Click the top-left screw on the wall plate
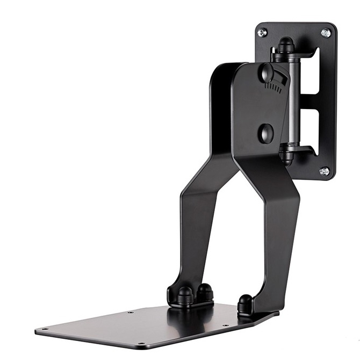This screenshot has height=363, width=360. (x=262, y=33)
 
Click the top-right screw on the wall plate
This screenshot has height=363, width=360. (x=326, y=33)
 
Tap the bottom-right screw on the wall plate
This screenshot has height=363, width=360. (x=324, y=171)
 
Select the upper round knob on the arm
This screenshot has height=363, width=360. (x=267, y=72)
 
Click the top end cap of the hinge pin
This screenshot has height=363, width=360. (x=285, y=44)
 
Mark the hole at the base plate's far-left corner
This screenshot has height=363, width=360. (x=44, y=329)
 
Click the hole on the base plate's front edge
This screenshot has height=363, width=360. (x=141, y=344)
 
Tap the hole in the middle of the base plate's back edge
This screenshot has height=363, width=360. (x=130, y=311)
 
